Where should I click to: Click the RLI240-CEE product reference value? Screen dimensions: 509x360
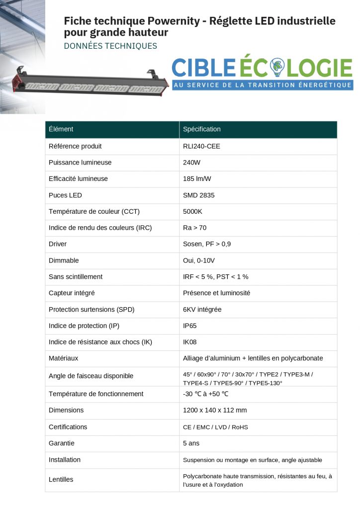201,146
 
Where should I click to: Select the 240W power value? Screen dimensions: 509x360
191,163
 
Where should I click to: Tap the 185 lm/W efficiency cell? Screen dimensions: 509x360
197,178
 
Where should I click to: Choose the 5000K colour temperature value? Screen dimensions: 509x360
193,211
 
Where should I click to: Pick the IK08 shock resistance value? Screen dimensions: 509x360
190,342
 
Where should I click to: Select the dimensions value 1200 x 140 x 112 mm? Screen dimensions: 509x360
215,410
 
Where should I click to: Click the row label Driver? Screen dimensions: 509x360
58,244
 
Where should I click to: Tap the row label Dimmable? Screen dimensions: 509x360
64,260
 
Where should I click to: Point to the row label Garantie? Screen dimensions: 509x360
62,443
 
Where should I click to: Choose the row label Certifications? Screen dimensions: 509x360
68,426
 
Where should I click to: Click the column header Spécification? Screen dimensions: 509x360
202,129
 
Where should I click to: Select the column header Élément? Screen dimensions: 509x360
61,129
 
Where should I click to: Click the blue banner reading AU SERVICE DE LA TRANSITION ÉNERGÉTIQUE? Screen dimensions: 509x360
263,85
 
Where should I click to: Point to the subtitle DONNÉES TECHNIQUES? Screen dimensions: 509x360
110,46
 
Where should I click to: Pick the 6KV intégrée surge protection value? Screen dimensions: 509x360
202,309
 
